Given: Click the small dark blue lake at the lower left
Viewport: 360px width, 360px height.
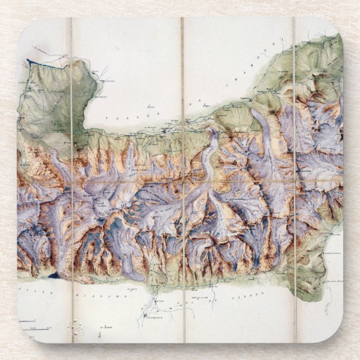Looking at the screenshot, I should pos(53,275).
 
